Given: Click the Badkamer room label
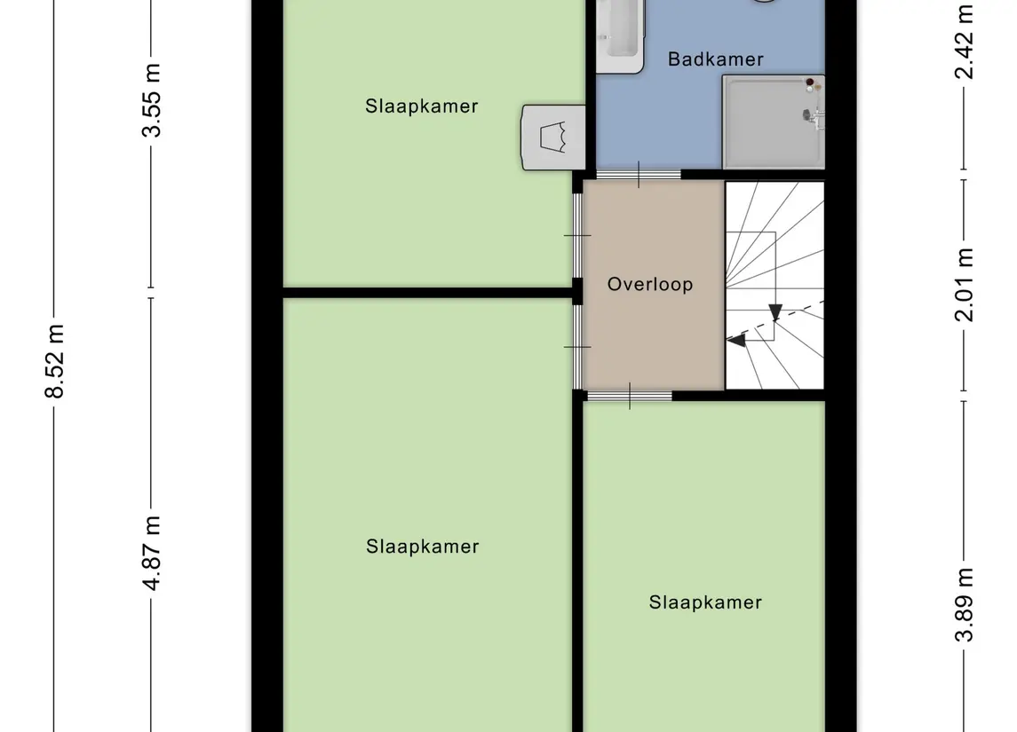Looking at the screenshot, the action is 715,59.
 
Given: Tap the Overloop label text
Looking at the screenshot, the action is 650,285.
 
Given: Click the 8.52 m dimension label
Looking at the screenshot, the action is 55,361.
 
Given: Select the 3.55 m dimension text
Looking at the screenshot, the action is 151,100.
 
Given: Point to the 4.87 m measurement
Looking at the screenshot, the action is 151,553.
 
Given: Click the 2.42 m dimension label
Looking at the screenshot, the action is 964,42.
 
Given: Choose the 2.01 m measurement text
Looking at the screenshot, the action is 964,285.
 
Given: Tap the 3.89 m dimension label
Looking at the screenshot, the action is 964,604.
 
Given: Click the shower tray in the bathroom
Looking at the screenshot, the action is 773,122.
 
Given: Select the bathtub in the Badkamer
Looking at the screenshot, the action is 620,36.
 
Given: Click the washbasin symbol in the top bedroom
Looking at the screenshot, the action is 553,138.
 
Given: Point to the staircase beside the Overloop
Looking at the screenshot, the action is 775,285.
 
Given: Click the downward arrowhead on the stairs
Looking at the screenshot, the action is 775,312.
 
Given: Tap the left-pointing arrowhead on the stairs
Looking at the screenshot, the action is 735,340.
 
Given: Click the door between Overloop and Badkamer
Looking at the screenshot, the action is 639,175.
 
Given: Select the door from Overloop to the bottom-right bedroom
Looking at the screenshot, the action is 629,396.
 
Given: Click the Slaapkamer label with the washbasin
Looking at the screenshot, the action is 422,106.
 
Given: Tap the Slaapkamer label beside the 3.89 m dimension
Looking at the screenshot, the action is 705,602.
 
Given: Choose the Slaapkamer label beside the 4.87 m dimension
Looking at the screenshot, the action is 422,547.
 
